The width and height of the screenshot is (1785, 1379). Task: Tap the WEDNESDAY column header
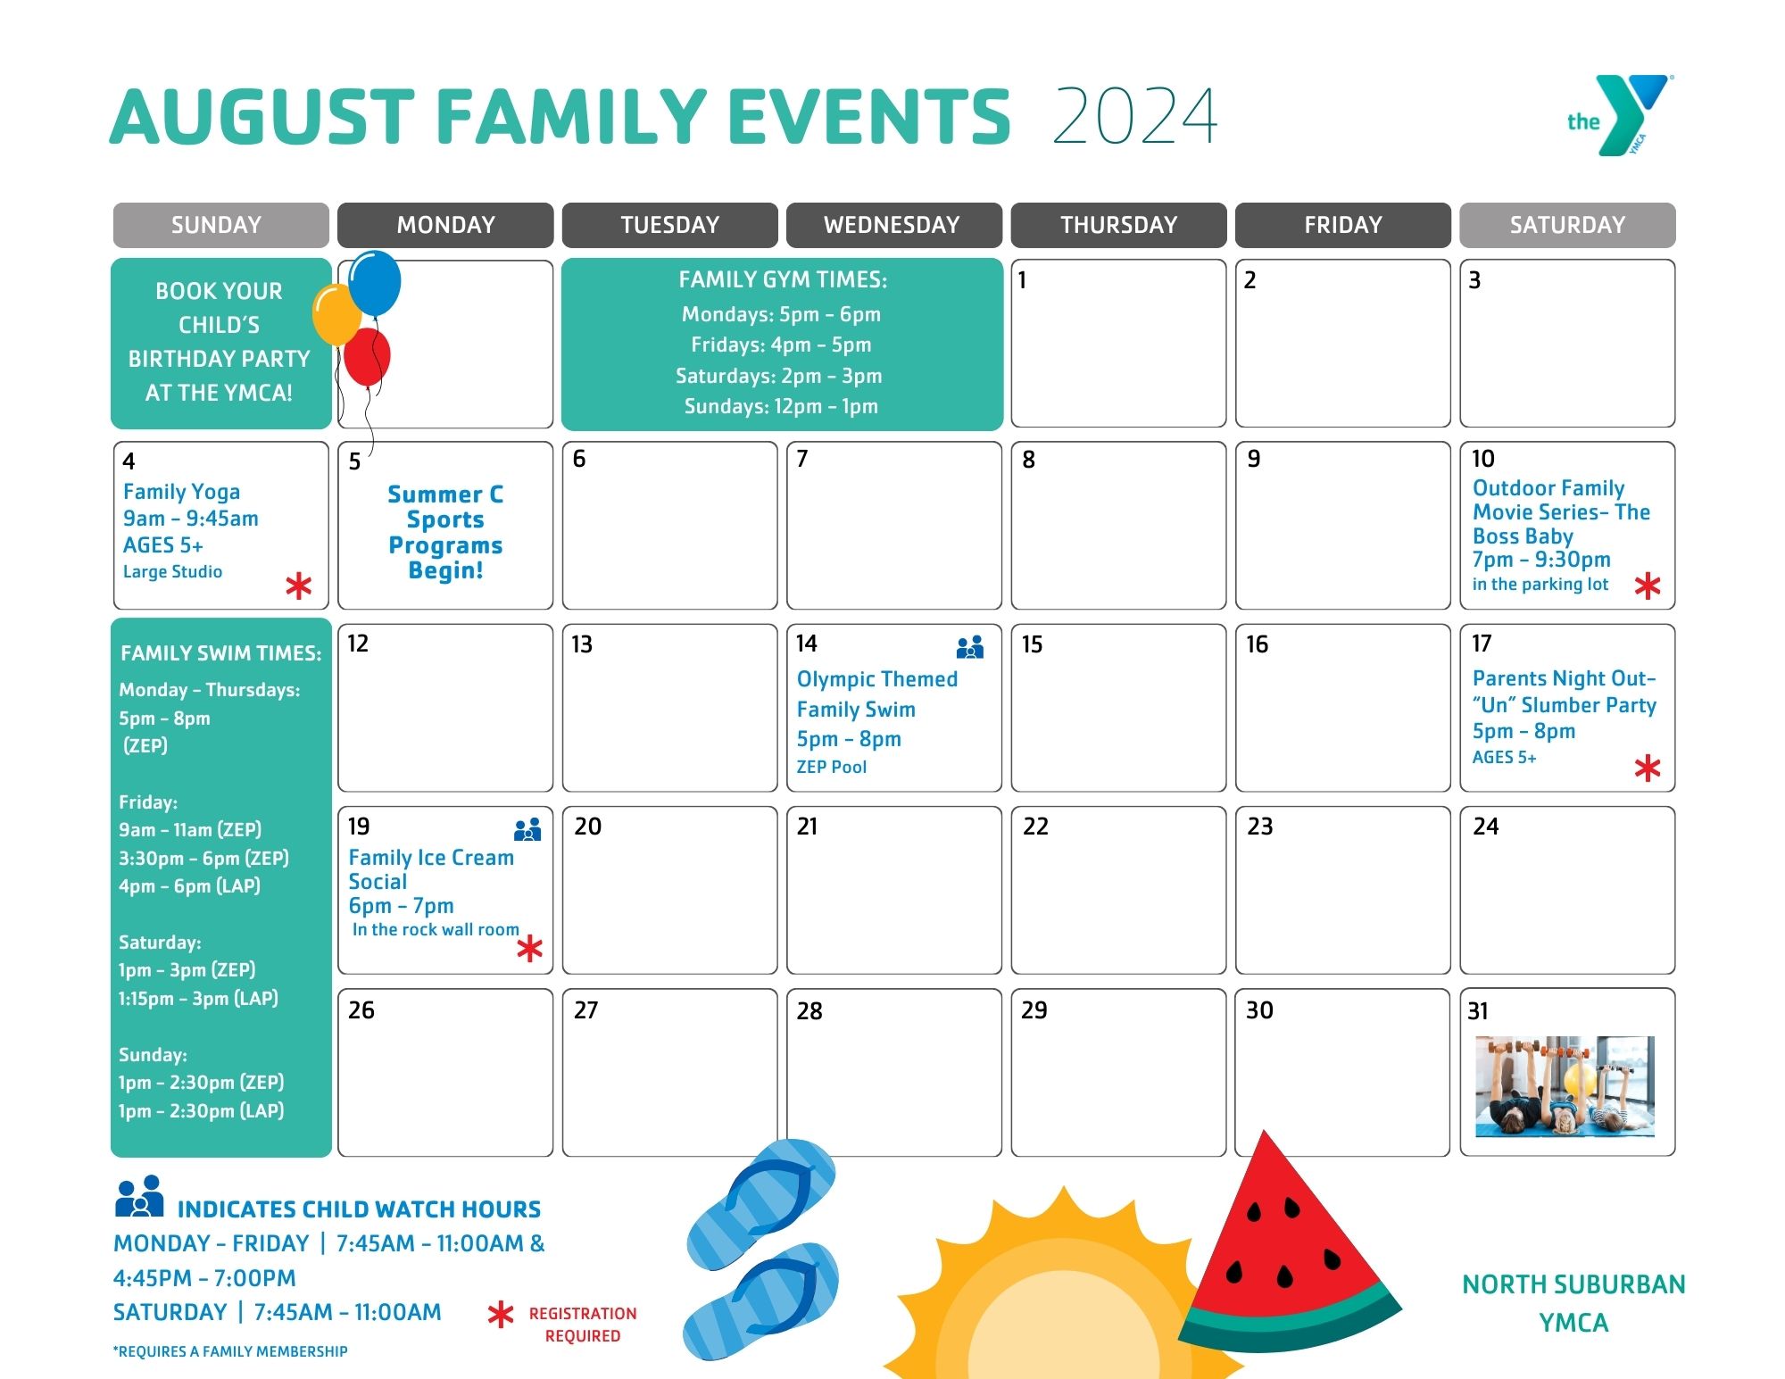892,225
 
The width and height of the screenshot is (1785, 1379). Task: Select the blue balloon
375,283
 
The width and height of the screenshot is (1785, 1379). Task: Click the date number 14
807,644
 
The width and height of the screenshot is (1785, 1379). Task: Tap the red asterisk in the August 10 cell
1647,586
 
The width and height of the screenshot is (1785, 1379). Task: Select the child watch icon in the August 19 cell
527,830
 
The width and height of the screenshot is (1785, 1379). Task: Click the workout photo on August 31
1565,1086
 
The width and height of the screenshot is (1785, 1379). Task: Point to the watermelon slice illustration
1285,1250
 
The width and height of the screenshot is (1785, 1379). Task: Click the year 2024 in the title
1134,116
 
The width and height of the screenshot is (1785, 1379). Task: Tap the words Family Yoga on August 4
181,492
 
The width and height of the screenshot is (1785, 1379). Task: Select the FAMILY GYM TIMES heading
783,280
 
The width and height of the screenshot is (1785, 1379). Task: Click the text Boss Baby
1523,536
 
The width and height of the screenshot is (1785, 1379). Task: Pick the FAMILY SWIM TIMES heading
220,653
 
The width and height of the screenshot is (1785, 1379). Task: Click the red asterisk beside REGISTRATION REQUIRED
501,1315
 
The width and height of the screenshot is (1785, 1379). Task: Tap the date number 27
585,1010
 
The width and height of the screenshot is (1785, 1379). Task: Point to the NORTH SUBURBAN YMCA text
1573,1303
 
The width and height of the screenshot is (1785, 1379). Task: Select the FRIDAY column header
1342,225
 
